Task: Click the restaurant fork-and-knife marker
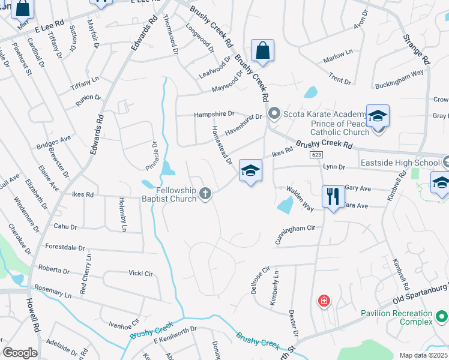pyautogui.click(x=332, y=196)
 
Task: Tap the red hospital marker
pyautogui.click(x=324, y=301)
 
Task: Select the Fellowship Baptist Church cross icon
pyautogui.click(x=205, y=193)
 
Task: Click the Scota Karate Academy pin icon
pyautogui.click(x=274, y=113)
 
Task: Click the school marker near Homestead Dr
pyautogui.click(x=250, y=171)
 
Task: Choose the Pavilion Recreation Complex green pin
pyautogui.click(x=442, y=314)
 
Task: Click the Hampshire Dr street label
pyautogui.click(x=214, y=115)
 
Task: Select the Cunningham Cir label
pyautogui.click(x=295, y=229)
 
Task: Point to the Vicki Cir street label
pyautogui.click(x=140, y=274)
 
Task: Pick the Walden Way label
pyautogui.click(x=300, y=198)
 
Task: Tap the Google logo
pyautogui.click(x=20, y=353)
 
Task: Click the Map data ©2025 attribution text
pyautogui.click(x=423, y=355)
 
